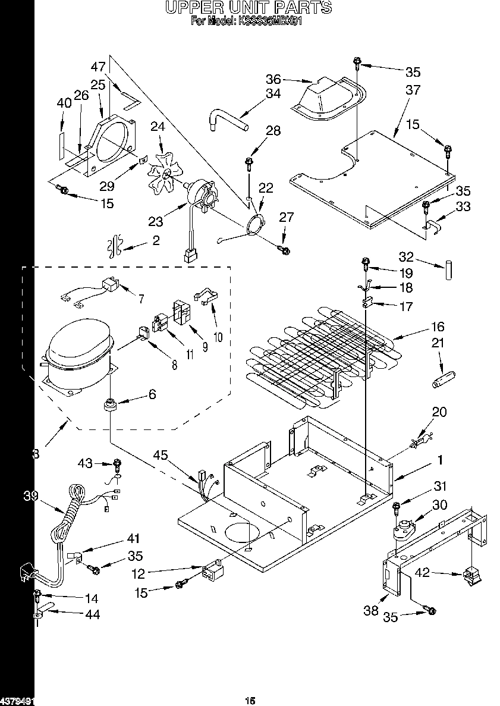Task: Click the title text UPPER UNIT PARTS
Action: pyautogui.click(x=248, y=8)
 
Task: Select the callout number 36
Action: pyautogui.click(x=273, y=79)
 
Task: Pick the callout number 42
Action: pyautogui.click(x=422, y=574)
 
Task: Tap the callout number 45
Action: pyautogui.click(x=161, y=455)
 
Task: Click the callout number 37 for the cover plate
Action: pyautogui.click(x=413, y=90)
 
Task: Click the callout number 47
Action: pyautogui.click(x=98, y=67)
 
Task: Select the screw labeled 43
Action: pyautogui.click(x=117, y=463)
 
